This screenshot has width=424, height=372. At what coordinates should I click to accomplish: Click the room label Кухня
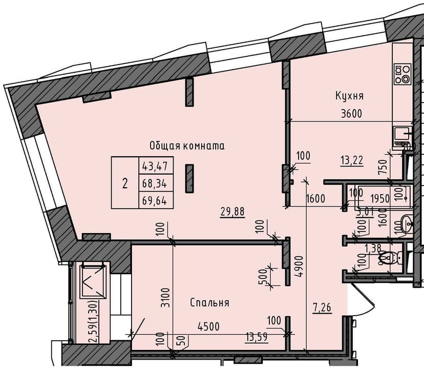tap(349, 96)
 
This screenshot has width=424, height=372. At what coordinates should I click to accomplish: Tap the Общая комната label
tap(187, 146)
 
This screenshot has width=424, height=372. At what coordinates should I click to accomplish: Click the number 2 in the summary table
tap(125, 183)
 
